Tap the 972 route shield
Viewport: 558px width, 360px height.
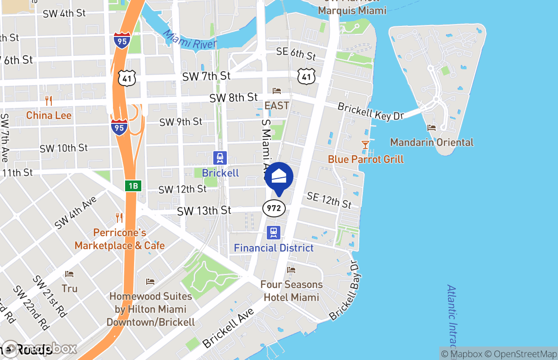click(x=274, y=208)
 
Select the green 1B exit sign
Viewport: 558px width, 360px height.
click(x=133, y=186)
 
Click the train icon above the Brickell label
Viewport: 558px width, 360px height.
click(x=220, y=158)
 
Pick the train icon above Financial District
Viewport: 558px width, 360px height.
click(x=274, y=233)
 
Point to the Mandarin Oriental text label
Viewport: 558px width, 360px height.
click(x=432, y=142)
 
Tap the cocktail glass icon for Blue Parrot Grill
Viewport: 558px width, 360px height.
click(x=365, y=145)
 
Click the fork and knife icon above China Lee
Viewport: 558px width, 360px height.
click(x=49, y=101)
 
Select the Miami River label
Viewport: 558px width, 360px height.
click(x=189, y=39)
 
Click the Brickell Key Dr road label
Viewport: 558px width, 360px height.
click(x=370, y=111)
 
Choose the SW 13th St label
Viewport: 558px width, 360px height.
click(x=204, y=211)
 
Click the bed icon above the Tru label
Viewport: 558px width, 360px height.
click(x=69, y=274)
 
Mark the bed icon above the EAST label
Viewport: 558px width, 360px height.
click(x=277, y=91)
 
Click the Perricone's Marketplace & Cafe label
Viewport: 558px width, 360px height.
click(x=120, y=239)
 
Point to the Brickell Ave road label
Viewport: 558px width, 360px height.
click(x=228, y=328)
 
